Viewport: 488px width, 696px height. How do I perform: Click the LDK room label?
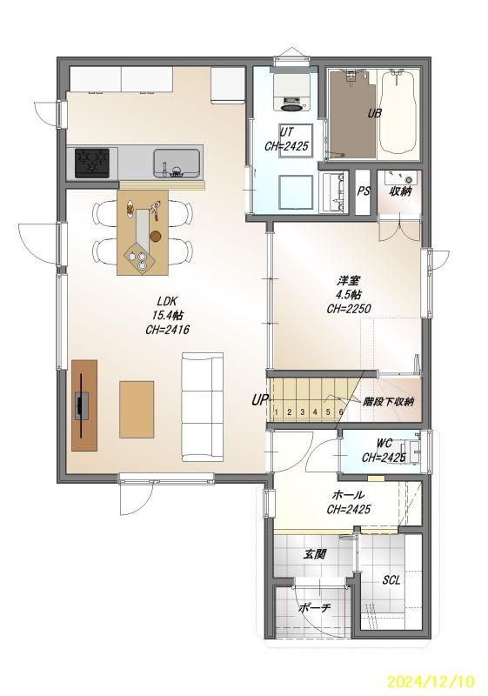[167, 301]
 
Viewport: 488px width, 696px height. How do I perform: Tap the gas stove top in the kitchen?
[92, 163]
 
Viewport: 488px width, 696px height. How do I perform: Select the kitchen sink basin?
[177, 163]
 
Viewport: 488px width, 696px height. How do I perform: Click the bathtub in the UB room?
[397, 114]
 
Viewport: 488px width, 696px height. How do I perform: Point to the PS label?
[364, 191]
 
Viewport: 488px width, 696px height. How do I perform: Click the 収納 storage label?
[400, 191]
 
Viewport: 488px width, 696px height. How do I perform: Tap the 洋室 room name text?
[348, 281]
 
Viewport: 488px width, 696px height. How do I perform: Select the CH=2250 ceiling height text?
[348, 309]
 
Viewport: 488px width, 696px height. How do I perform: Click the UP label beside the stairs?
[259, 400]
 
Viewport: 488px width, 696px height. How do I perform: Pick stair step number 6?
[341, 412]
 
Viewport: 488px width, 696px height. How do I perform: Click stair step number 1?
[276, 412]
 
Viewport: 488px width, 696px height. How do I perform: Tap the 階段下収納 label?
[388, 402]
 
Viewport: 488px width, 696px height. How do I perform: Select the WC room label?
[384, 444]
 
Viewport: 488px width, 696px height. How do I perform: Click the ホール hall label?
[348, 495]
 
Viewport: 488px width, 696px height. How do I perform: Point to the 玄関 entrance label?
[315, 554]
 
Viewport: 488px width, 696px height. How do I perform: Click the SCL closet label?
[391, 580]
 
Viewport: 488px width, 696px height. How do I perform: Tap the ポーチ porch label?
[314, 608]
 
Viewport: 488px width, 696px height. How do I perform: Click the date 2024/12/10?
[431, 681]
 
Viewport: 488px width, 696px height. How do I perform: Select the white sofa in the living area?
[203, 407]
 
